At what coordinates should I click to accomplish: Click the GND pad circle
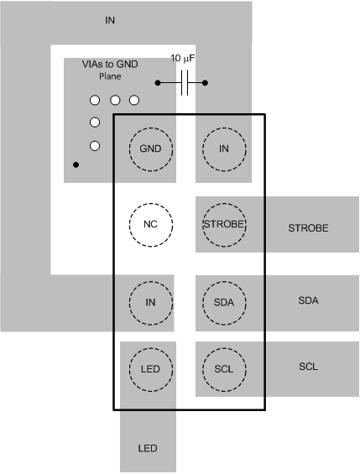[x=151, y=149]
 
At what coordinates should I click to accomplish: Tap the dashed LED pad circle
[x=151, y=367]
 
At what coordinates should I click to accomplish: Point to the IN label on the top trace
[x=110, y=20]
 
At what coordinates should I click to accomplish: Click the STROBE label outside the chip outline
[x=307, y=227]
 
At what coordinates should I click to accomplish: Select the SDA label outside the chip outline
[x=308, y=300]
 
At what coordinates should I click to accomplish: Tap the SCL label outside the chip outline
[x=308, y=367]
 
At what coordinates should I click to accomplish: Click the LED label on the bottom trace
[x=147, y=447]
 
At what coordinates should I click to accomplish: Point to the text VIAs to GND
[x=110, y=65]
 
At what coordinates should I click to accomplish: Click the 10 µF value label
[x=185, y=59]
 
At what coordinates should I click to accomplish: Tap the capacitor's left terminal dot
[x=158, y=83]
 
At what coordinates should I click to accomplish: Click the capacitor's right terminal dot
[x=205, y=83]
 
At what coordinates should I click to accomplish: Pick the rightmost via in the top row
[x=133, y=100]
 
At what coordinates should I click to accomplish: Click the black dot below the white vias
[x=76, y=164]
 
